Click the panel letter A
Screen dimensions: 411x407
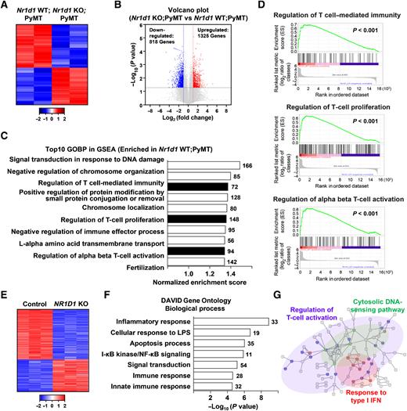coord(5,5)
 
